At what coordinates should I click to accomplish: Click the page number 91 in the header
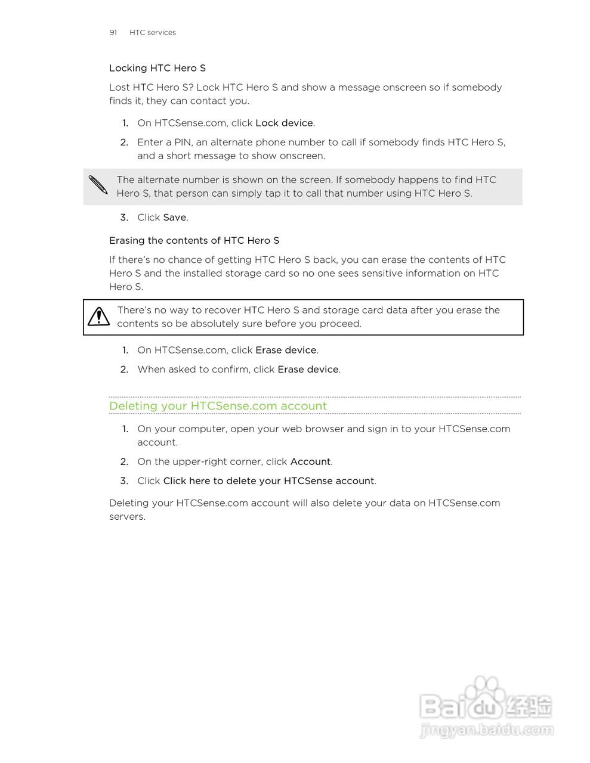click(x=113, y=32)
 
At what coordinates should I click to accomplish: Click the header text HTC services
click(x=152, y=32)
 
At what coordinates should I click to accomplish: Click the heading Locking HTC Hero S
click(x=157, y=68)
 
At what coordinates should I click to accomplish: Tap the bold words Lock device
click(x=284, y=123)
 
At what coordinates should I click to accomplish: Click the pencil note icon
click(x=98, y=185)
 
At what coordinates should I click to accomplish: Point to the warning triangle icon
click(x=98, y=317)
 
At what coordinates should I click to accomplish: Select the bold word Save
click(x=174, y=217)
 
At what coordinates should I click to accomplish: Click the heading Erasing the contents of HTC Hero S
click(x=194, y=240)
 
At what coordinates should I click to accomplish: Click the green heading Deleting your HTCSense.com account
click(x=218, y=406)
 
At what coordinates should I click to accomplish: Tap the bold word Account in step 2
click(x=310, y=461)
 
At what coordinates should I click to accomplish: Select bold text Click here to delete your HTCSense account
click(x=268, y=480)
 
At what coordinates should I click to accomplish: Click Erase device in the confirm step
click(x=308, y=369)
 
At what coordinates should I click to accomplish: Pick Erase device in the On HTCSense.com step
click(x=285, y=350)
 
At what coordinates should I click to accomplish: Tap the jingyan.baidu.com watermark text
click(x=486, y=730)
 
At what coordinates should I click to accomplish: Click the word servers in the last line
click(x=126, y=516)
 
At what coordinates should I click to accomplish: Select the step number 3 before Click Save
click(x=123, y=217)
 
